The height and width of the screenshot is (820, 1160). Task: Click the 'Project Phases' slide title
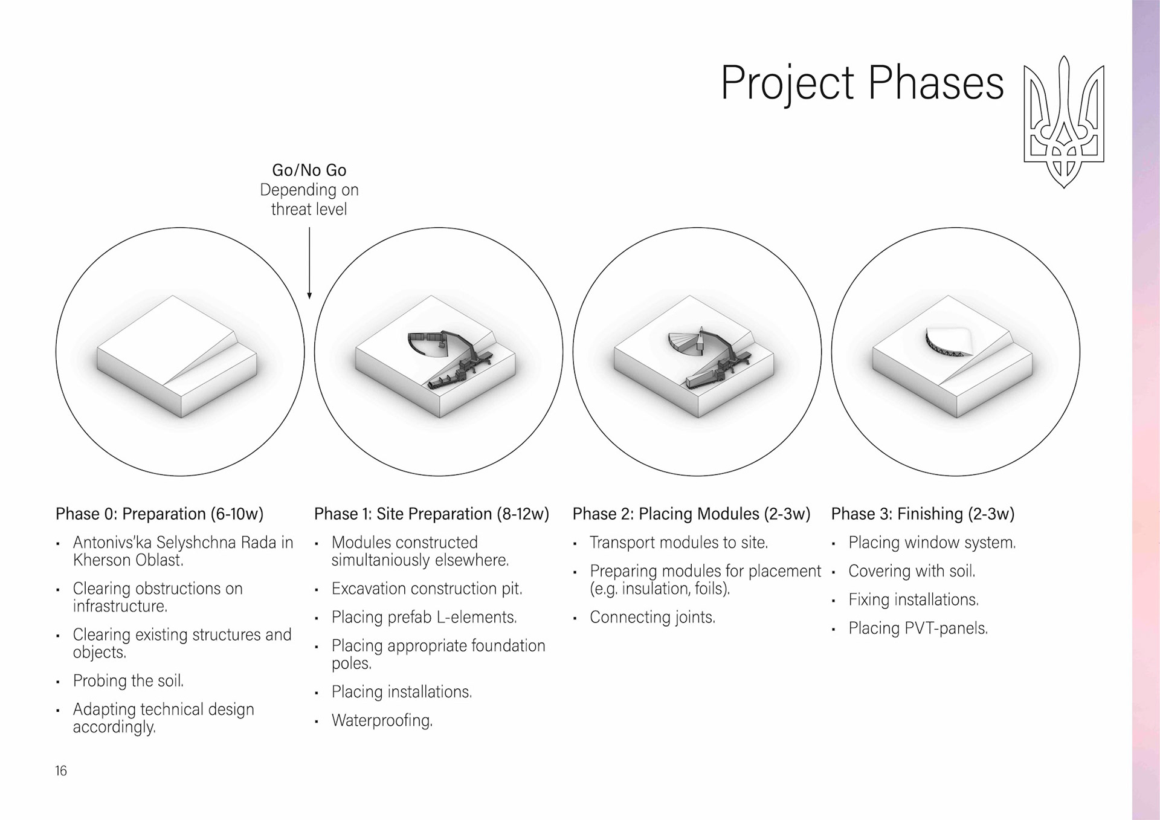click(862, 83)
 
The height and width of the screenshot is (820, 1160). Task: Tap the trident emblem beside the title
click(1064, 121)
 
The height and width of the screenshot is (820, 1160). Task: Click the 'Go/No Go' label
click(309, 170)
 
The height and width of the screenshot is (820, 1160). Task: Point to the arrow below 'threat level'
click(309, 263)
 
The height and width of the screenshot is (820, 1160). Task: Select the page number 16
click(61, 770)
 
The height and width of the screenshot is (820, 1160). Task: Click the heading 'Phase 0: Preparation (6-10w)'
click(159, 514)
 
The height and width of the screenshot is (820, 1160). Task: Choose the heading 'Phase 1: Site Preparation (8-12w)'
click(431, 514)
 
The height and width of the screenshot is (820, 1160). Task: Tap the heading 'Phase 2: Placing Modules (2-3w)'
click(691, 514)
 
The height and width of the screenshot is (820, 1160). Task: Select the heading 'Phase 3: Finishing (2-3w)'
click(923, 514)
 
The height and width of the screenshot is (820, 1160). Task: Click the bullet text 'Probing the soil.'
click(128, 681)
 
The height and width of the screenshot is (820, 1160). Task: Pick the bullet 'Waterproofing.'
click(382, 720)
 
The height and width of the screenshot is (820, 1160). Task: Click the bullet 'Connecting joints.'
click(652, 617)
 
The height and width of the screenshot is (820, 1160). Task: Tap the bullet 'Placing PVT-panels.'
click(918, 628)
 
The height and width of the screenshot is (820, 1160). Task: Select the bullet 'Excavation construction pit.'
click(427, 589)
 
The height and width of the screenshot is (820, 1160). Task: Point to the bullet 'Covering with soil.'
click(912, 571)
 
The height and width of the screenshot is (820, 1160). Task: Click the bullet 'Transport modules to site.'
click(678, 543)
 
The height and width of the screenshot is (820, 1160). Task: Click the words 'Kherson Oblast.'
click(128, 560)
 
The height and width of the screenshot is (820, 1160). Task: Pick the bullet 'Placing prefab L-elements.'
click(424, 617)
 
